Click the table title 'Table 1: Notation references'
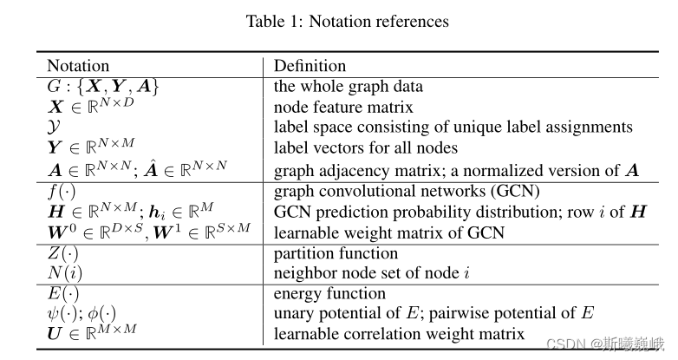(347, 21)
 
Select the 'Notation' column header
(78, 66)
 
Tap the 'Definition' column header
(310, 66)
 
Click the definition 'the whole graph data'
(349, 86)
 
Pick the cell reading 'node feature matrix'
(343, 107)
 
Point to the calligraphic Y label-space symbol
(53, 128)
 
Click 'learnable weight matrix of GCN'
(388, 232)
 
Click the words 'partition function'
(336, 254)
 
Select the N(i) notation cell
(63, 274)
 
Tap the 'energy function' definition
(329, 294)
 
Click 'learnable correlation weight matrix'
(399, 334)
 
